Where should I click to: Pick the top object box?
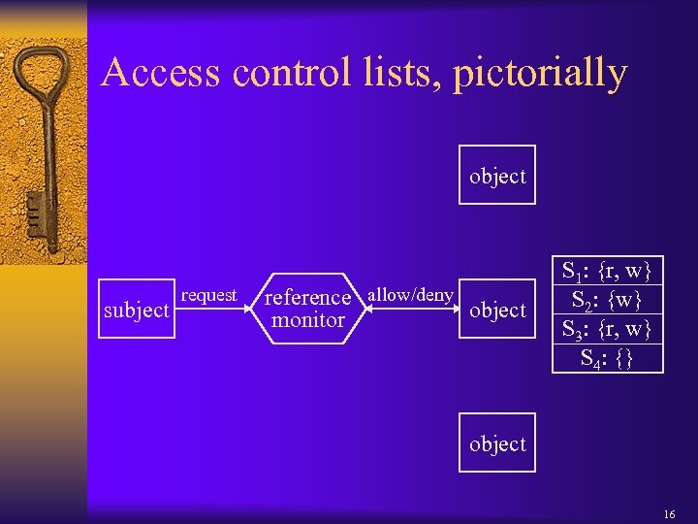click(496, 176)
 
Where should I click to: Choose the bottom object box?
click(496, 443)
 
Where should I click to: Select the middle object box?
click(496, 310)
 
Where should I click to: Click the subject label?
click(137, 311)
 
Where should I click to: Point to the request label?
click(208, 294)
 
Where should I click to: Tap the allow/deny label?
click(411, 294)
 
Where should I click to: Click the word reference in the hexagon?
click(307, 297)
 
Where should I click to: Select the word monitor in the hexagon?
click(308, 320)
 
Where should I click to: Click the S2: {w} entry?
click(608, 299)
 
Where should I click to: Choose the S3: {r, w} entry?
click(608, 329)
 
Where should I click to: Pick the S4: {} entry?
click(608, 358)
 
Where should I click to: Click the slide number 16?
click(669, 508)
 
